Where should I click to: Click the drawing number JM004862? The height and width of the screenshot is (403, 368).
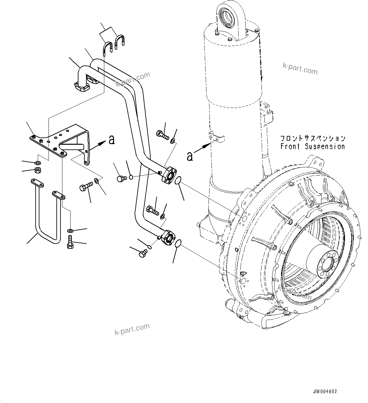pyautogui.click(x=325, y=391)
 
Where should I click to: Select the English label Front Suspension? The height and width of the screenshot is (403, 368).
pyautogui.click(x=313, y=147)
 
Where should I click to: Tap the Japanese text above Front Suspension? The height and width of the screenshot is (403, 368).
pyautogui.click(x=313, y=138)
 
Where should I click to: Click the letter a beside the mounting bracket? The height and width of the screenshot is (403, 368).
pyautogui.click(x=112, y=140)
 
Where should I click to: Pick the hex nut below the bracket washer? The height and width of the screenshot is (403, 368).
pyautogui.click(x=37, y=171)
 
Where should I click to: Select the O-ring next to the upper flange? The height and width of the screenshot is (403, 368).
pyautogui.click(x=178, y=181)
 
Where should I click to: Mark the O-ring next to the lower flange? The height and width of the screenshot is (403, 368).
pyautogui.click(x=178, y=243)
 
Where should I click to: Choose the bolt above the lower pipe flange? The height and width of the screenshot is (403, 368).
pyautogui.click(x=152, y=210)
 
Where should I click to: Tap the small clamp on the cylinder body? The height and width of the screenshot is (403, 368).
pyautogui.click(x=216, y=137)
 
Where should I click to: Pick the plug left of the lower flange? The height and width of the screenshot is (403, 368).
pyautogui.click(x=143, y=253)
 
